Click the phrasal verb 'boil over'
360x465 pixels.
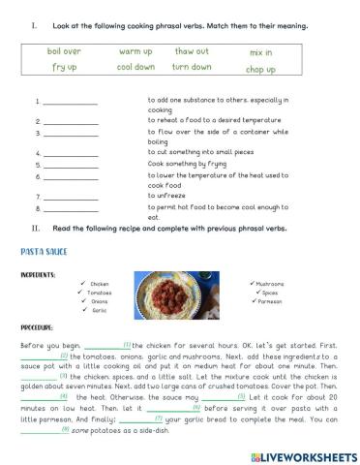click(64, 50)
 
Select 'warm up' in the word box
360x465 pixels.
click(135, 50)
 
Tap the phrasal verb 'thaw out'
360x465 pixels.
click(192, 50)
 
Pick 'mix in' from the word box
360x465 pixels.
click(260, 52)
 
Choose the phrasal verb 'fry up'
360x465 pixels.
click(65, 68)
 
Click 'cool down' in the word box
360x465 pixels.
click(135, 68)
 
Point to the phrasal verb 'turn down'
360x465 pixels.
click(192, 68)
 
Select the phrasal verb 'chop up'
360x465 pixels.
click(260, 70)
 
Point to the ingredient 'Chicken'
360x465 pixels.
click(99, 284)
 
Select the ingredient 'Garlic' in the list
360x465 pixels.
click(98, 310)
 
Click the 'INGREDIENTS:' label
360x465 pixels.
click(37, 274)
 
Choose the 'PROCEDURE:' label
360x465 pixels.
click(36, 328)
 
